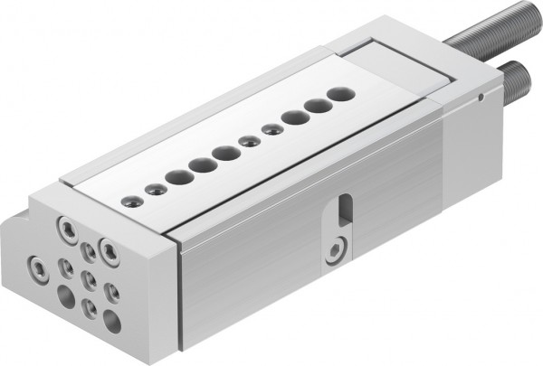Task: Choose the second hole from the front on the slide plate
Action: [x=156, y=189]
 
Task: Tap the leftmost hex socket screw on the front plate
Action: [x=38, y=267]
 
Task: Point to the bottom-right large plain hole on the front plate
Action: [x=111, y=318]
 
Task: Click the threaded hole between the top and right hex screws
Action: [x=87, y=249]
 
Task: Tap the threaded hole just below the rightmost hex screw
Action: [x=112, y=292]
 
